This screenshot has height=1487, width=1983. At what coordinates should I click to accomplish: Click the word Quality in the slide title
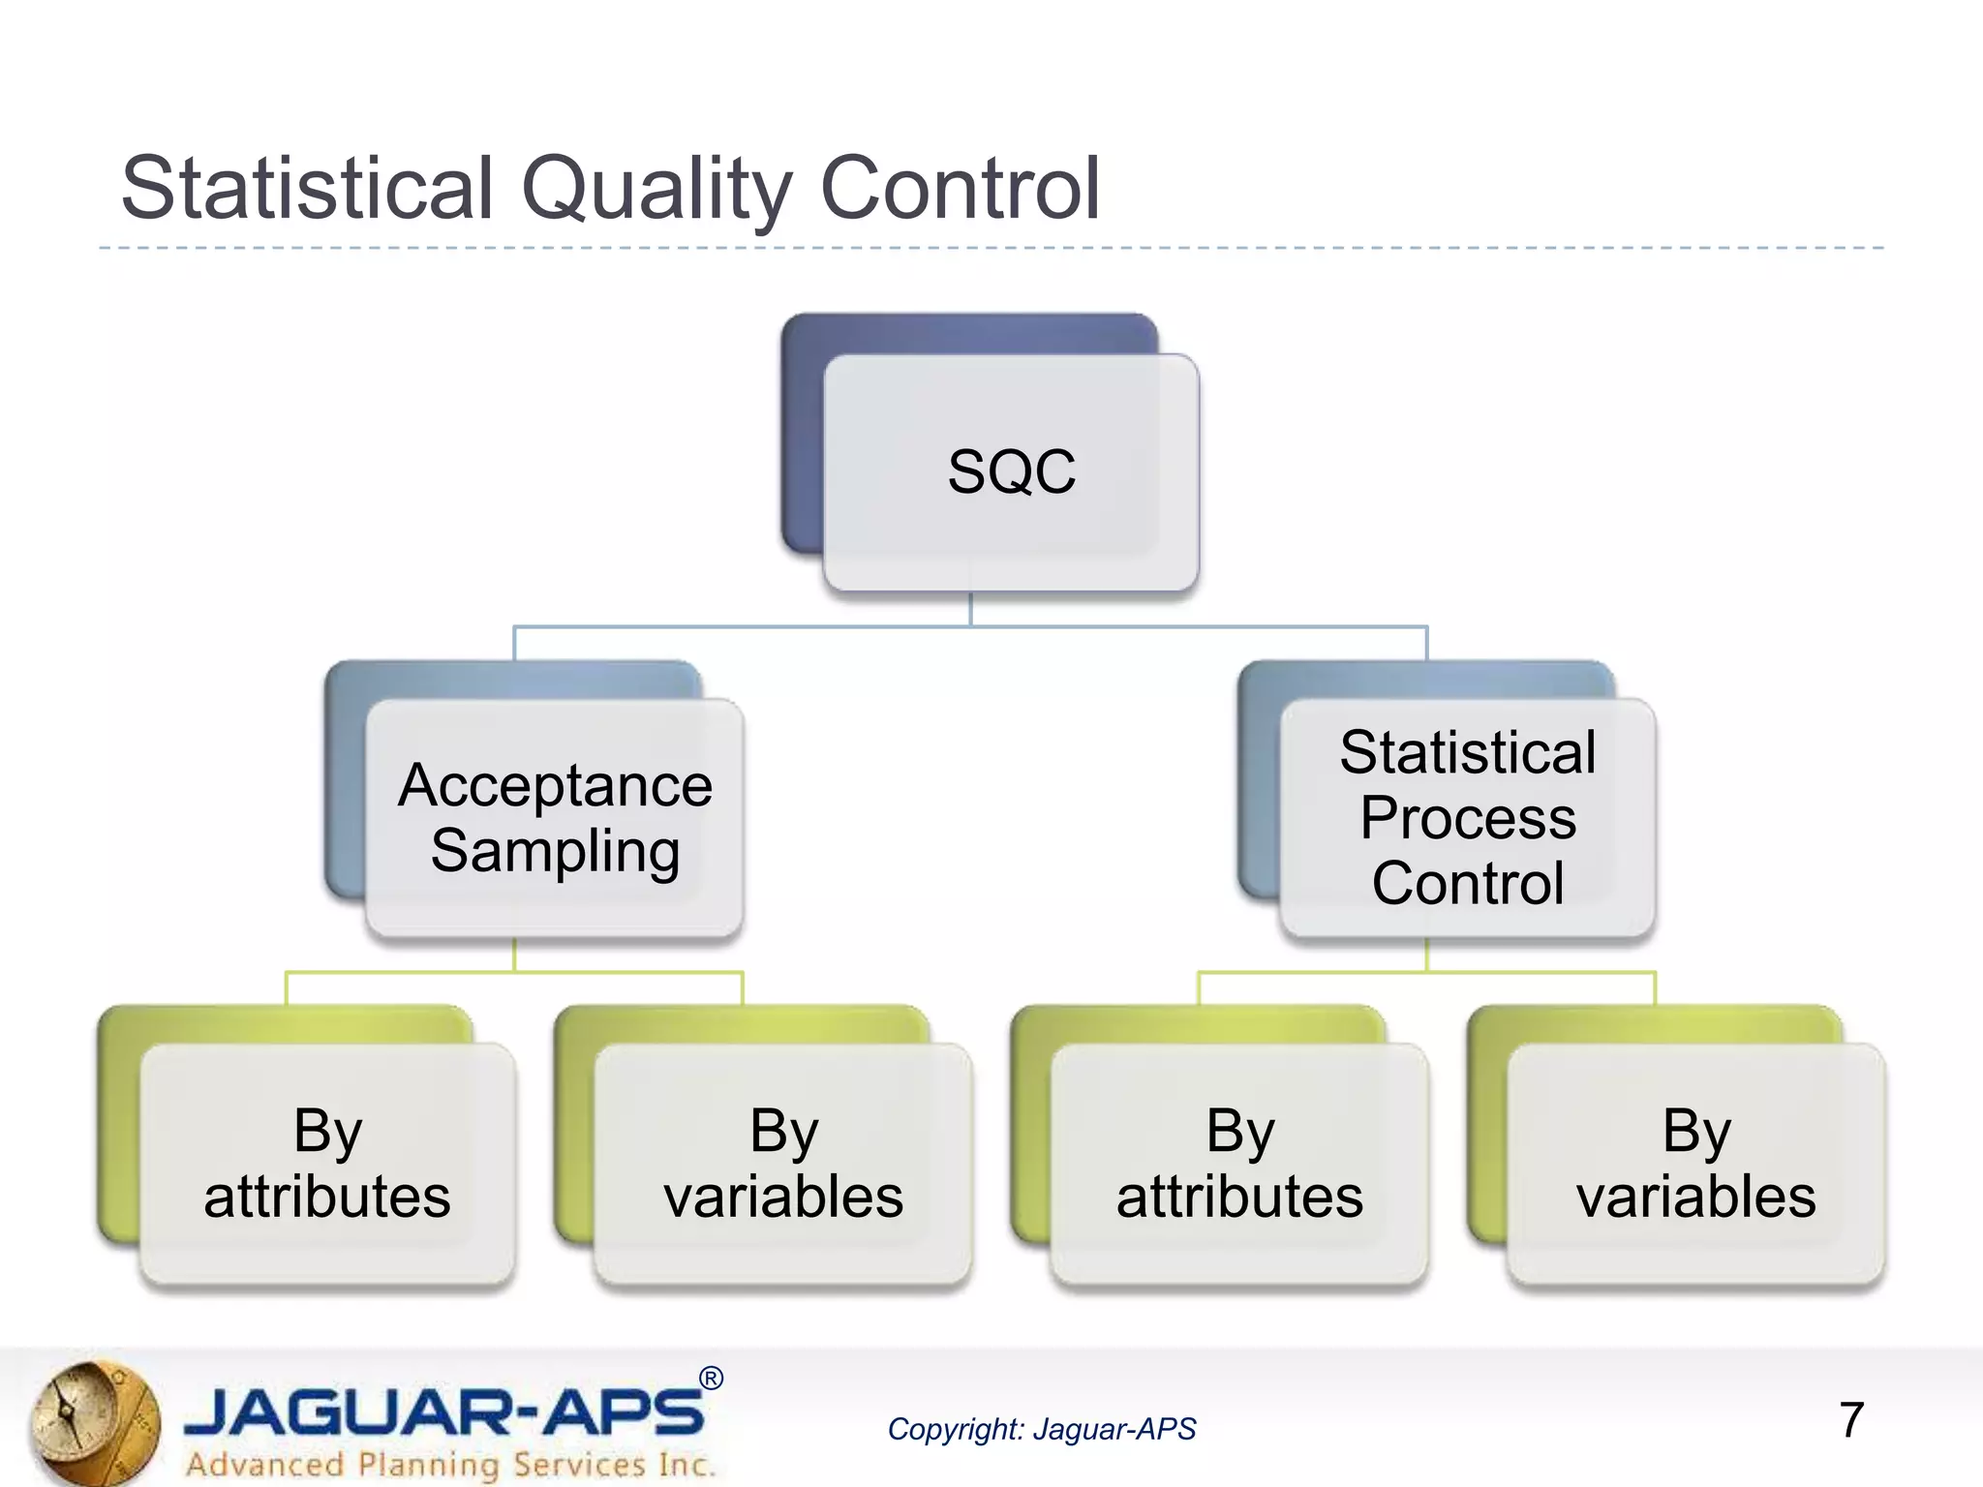pos(656,190)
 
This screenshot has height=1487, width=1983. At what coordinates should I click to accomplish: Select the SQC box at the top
pos(1011,471)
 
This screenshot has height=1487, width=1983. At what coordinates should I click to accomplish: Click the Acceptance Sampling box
pos(555,818)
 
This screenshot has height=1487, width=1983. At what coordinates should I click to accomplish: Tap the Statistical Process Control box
pos(1467,818)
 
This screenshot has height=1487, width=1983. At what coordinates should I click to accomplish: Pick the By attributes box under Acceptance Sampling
pos(327,1164)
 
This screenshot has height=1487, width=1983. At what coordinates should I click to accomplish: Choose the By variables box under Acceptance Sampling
pos(783,1164)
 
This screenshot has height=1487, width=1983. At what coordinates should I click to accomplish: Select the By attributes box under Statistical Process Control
pos(1239,1164)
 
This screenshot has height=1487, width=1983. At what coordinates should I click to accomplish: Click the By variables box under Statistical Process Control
pos(1695,1164)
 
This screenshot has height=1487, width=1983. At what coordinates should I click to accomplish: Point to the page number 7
pos(1850,1420)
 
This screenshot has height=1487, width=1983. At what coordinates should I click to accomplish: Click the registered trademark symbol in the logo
pos(711,1379)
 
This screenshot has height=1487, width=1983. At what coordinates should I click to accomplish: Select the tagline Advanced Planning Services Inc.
pos(450,1464)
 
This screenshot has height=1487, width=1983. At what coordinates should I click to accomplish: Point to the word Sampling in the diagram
pos(555,851)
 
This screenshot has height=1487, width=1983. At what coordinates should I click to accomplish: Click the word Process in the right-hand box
pos(1467,818)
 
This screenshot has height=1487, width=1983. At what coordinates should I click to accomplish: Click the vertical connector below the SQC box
pos(970,610)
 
